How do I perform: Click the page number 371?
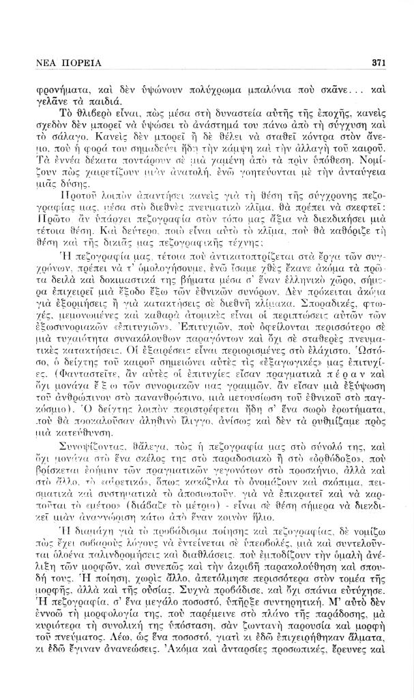(x=380, y=63)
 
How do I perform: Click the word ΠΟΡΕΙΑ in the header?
(x=77, y=63)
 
